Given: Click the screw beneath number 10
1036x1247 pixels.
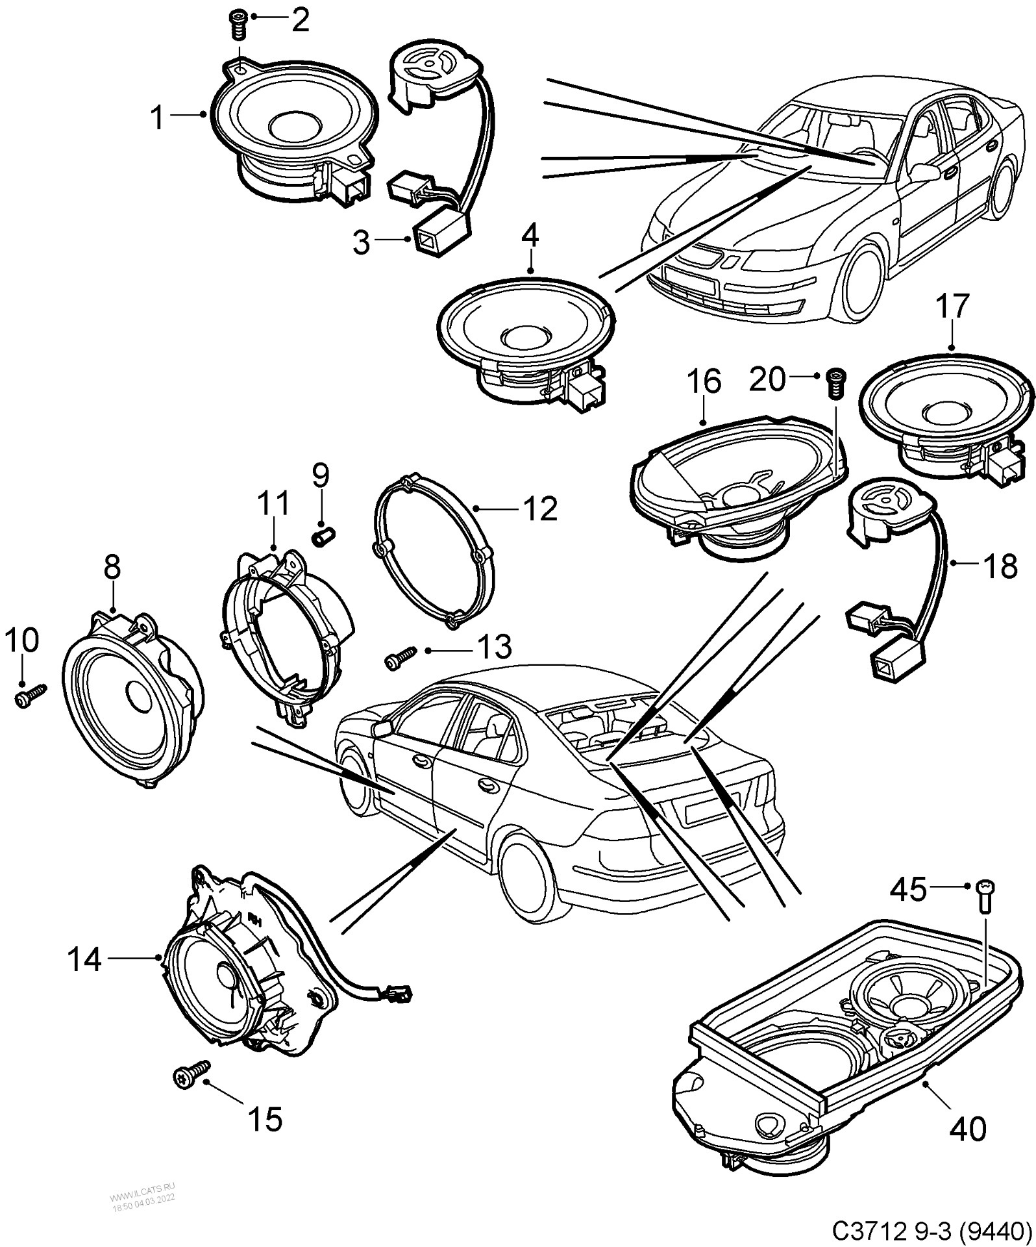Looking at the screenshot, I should (29, 697).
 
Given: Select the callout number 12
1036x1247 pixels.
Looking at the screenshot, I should (538, 509).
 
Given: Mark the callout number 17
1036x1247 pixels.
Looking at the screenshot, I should (953, 307).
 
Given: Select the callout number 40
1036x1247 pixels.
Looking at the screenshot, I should (967, 1129).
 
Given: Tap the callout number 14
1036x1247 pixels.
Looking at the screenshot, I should (85, 959).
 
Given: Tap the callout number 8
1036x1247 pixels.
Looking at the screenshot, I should (112, 567).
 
